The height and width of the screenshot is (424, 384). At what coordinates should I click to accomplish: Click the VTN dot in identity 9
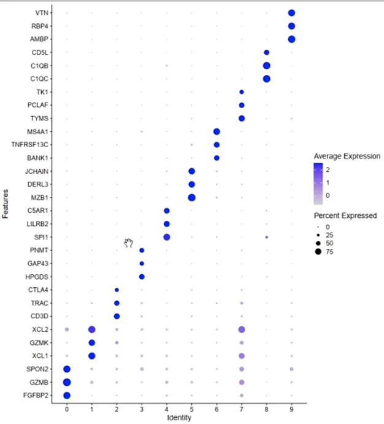tap(291, 13)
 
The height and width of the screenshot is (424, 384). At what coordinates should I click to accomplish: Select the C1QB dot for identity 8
tap(266, 66)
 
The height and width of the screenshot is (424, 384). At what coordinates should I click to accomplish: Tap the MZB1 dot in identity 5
tap(191, 198)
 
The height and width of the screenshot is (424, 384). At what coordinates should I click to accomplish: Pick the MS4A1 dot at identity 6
tap(217, 132)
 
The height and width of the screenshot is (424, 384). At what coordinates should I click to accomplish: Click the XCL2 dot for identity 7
tap(242, 330)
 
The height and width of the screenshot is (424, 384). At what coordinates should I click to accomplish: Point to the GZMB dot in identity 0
tap(67, 382)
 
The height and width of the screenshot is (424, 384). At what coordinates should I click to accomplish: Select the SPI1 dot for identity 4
tap(167, 237)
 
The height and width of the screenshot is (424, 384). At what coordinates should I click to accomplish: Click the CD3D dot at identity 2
tap(117, 317)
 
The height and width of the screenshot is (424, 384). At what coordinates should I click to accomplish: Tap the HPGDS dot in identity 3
tap(142, 277)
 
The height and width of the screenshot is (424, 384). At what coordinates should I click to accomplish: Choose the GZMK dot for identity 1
tap(92, 342)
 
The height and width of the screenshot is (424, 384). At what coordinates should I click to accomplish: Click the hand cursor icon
tap(129, 243)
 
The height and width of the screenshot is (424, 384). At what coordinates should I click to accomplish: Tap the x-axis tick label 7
tap(242, 408)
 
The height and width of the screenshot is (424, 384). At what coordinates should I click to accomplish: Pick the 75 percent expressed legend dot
tap(318, 251)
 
